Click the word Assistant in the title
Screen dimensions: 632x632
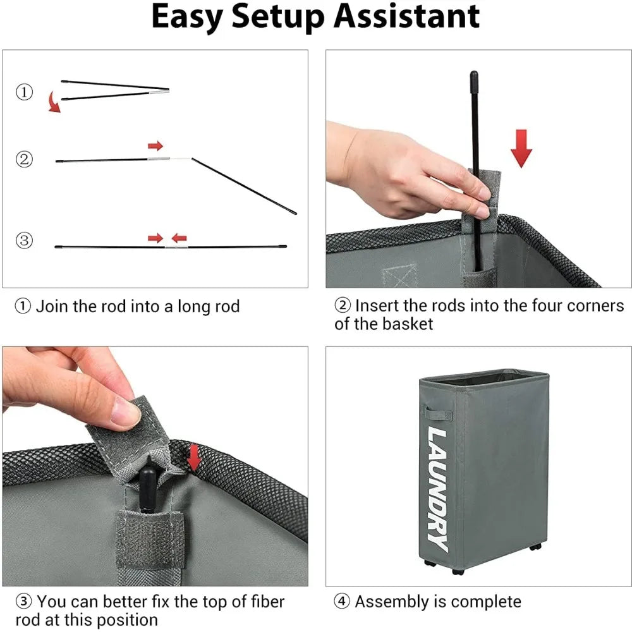point(406,16)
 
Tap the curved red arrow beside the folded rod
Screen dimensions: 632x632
point(54,102)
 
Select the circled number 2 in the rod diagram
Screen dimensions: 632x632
point(24,159)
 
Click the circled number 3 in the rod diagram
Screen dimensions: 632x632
point(24,241)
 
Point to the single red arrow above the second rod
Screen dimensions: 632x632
point(155,145)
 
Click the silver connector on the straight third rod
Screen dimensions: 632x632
point(176,246)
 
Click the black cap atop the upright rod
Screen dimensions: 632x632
point(474,77)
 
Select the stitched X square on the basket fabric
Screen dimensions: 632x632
point(399,276)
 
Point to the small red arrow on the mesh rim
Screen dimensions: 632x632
point(195,457)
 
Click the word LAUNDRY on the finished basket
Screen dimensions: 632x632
point(438,489)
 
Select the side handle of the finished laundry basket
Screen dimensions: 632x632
point(439,413)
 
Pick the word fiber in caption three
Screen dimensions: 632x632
point(267,602)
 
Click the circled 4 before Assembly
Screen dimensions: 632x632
point(342,602)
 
